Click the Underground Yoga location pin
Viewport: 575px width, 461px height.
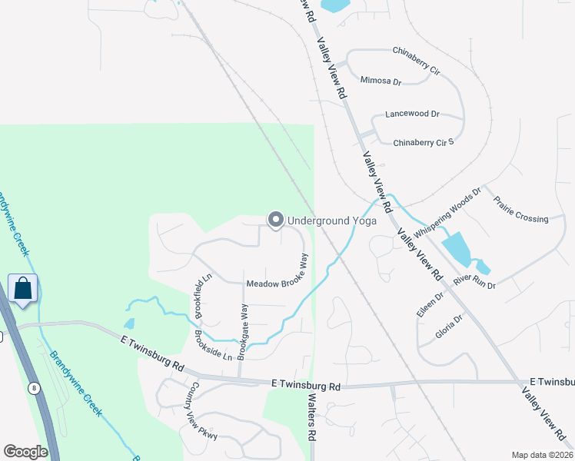pos(275,221)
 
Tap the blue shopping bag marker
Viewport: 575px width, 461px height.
pos(23,289)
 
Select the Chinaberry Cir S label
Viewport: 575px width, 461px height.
pos(424,142)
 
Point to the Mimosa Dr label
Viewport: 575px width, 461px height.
pos(381,81)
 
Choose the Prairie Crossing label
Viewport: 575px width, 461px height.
pos(521,218)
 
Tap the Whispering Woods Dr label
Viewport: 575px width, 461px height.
pos(447,212)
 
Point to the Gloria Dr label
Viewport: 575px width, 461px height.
pos(449,327)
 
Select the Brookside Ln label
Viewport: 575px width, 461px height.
pos(213,347)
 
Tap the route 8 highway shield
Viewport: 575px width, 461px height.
pos(34,389)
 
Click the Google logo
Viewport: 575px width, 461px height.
pos(25,452)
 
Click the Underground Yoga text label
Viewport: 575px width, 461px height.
pos(331,221)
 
